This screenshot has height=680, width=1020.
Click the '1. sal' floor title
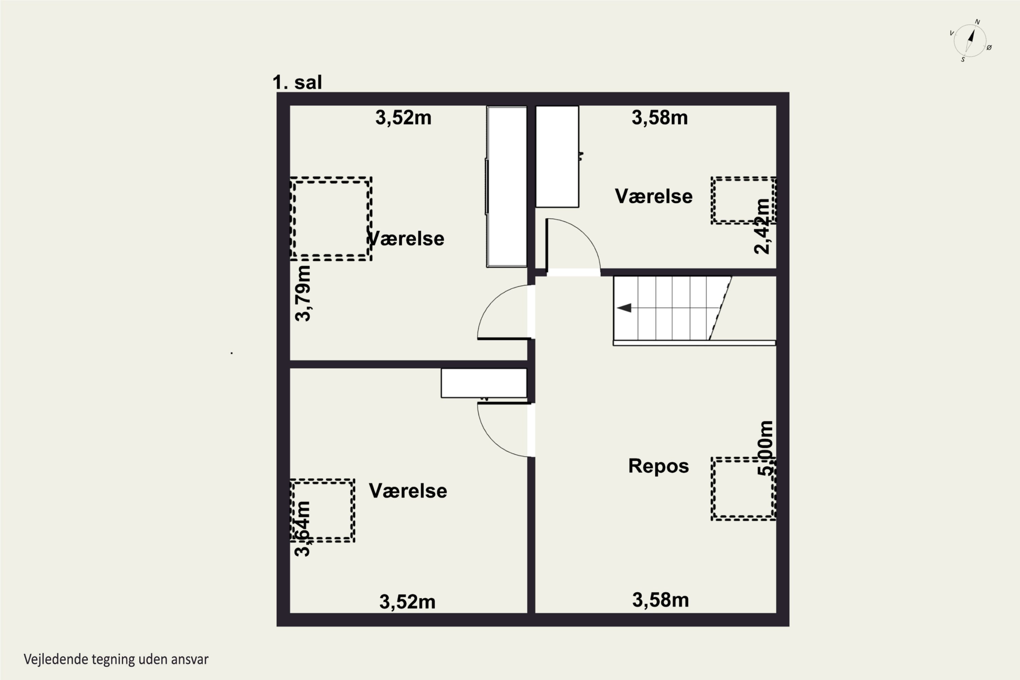click(297, 82)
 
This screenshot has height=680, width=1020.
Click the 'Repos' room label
click(658, 466)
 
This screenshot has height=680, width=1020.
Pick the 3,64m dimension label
click(302, 529)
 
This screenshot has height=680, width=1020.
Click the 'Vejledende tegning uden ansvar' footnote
click(116, 660)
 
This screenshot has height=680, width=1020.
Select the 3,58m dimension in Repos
click(661, 600)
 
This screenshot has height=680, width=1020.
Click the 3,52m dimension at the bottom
click(407, 602)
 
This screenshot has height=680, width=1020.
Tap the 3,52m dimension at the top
click(403, 118)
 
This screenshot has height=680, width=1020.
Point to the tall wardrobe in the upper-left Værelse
click(507, 186)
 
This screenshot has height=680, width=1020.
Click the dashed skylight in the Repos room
click(743, 489)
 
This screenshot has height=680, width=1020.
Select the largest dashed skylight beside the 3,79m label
click(331, 219)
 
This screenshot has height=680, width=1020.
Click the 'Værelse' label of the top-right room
click(653, 197)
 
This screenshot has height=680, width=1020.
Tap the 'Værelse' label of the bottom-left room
click(408, 491)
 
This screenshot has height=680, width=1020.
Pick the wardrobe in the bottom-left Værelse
click(484, 383)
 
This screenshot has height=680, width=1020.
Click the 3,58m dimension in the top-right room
click(660, 118)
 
